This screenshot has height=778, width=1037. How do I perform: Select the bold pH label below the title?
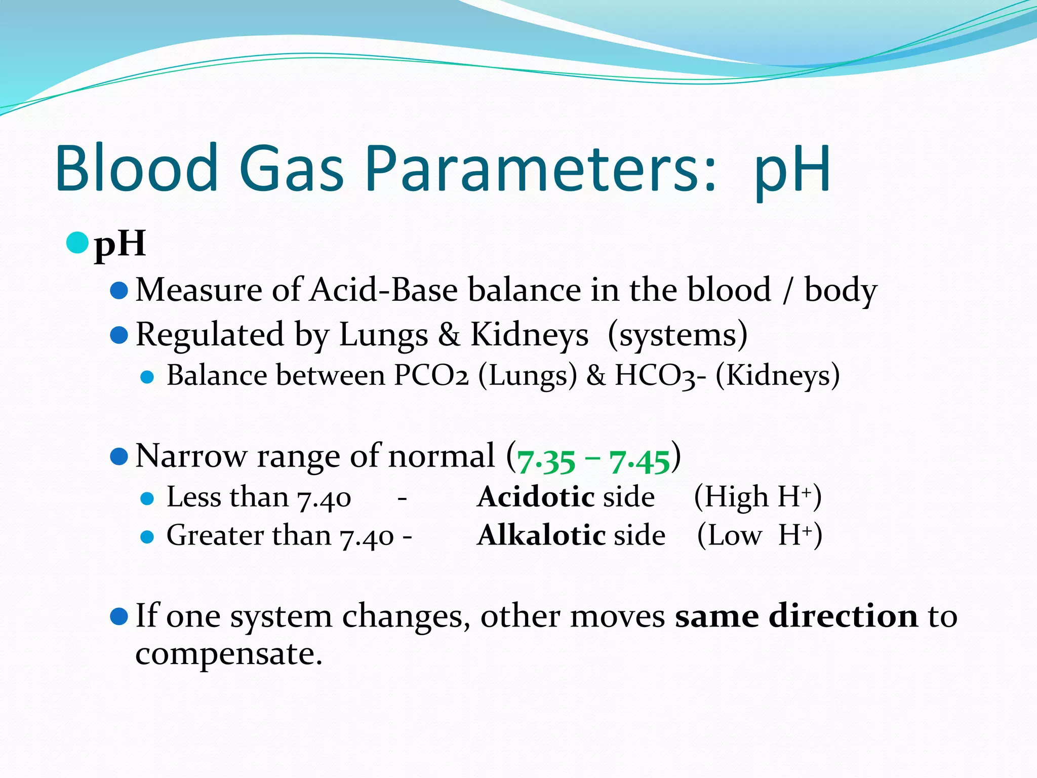pyautogui.click(x=121, y=244)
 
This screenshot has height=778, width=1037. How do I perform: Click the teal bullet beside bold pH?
pyautogui.click(x=77, y=243)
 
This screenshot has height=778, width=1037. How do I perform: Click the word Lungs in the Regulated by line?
pyautogui.click(x=383, y=335)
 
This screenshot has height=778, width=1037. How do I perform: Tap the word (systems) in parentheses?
pyautogui.click(x=677, y=335)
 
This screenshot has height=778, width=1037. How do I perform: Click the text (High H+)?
pyautogui.click(x=757, y=496)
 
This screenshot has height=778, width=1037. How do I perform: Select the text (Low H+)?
pyautogui.click(x=760, y=535)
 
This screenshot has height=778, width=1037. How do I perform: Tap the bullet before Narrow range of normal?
pyautogui.click(x=118, y=456)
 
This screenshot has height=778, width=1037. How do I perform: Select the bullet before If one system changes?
pyautogui.click(x=118, y=616)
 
